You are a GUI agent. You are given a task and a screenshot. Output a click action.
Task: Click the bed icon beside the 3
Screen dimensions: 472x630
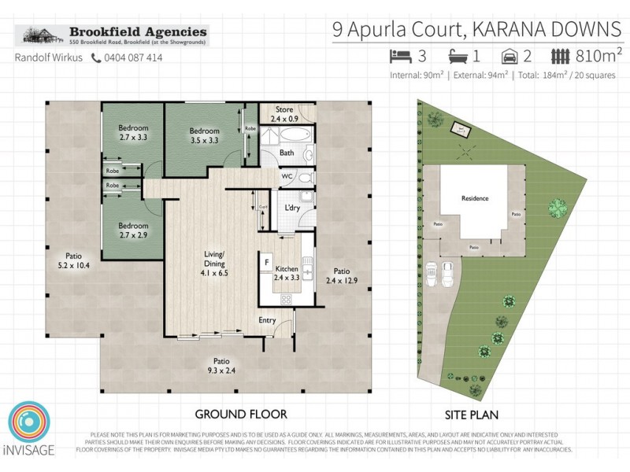401,56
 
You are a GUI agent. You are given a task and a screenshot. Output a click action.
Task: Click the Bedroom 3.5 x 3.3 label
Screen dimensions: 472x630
203,137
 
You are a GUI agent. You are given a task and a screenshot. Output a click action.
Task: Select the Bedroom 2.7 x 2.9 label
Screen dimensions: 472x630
133,229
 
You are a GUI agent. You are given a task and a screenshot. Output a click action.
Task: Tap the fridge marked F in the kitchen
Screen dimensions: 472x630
267,261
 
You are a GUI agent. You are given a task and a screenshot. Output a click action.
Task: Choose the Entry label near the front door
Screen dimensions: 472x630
268,320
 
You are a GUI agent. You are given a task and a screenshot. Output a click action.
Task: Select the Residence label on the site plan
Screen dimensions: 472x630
475,198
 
